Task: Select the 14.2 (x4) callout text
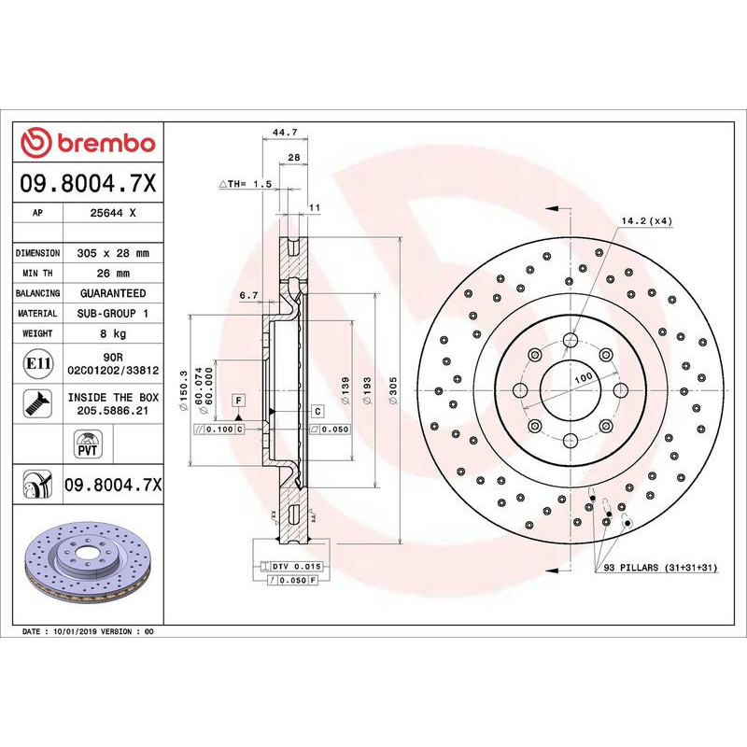646,220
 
